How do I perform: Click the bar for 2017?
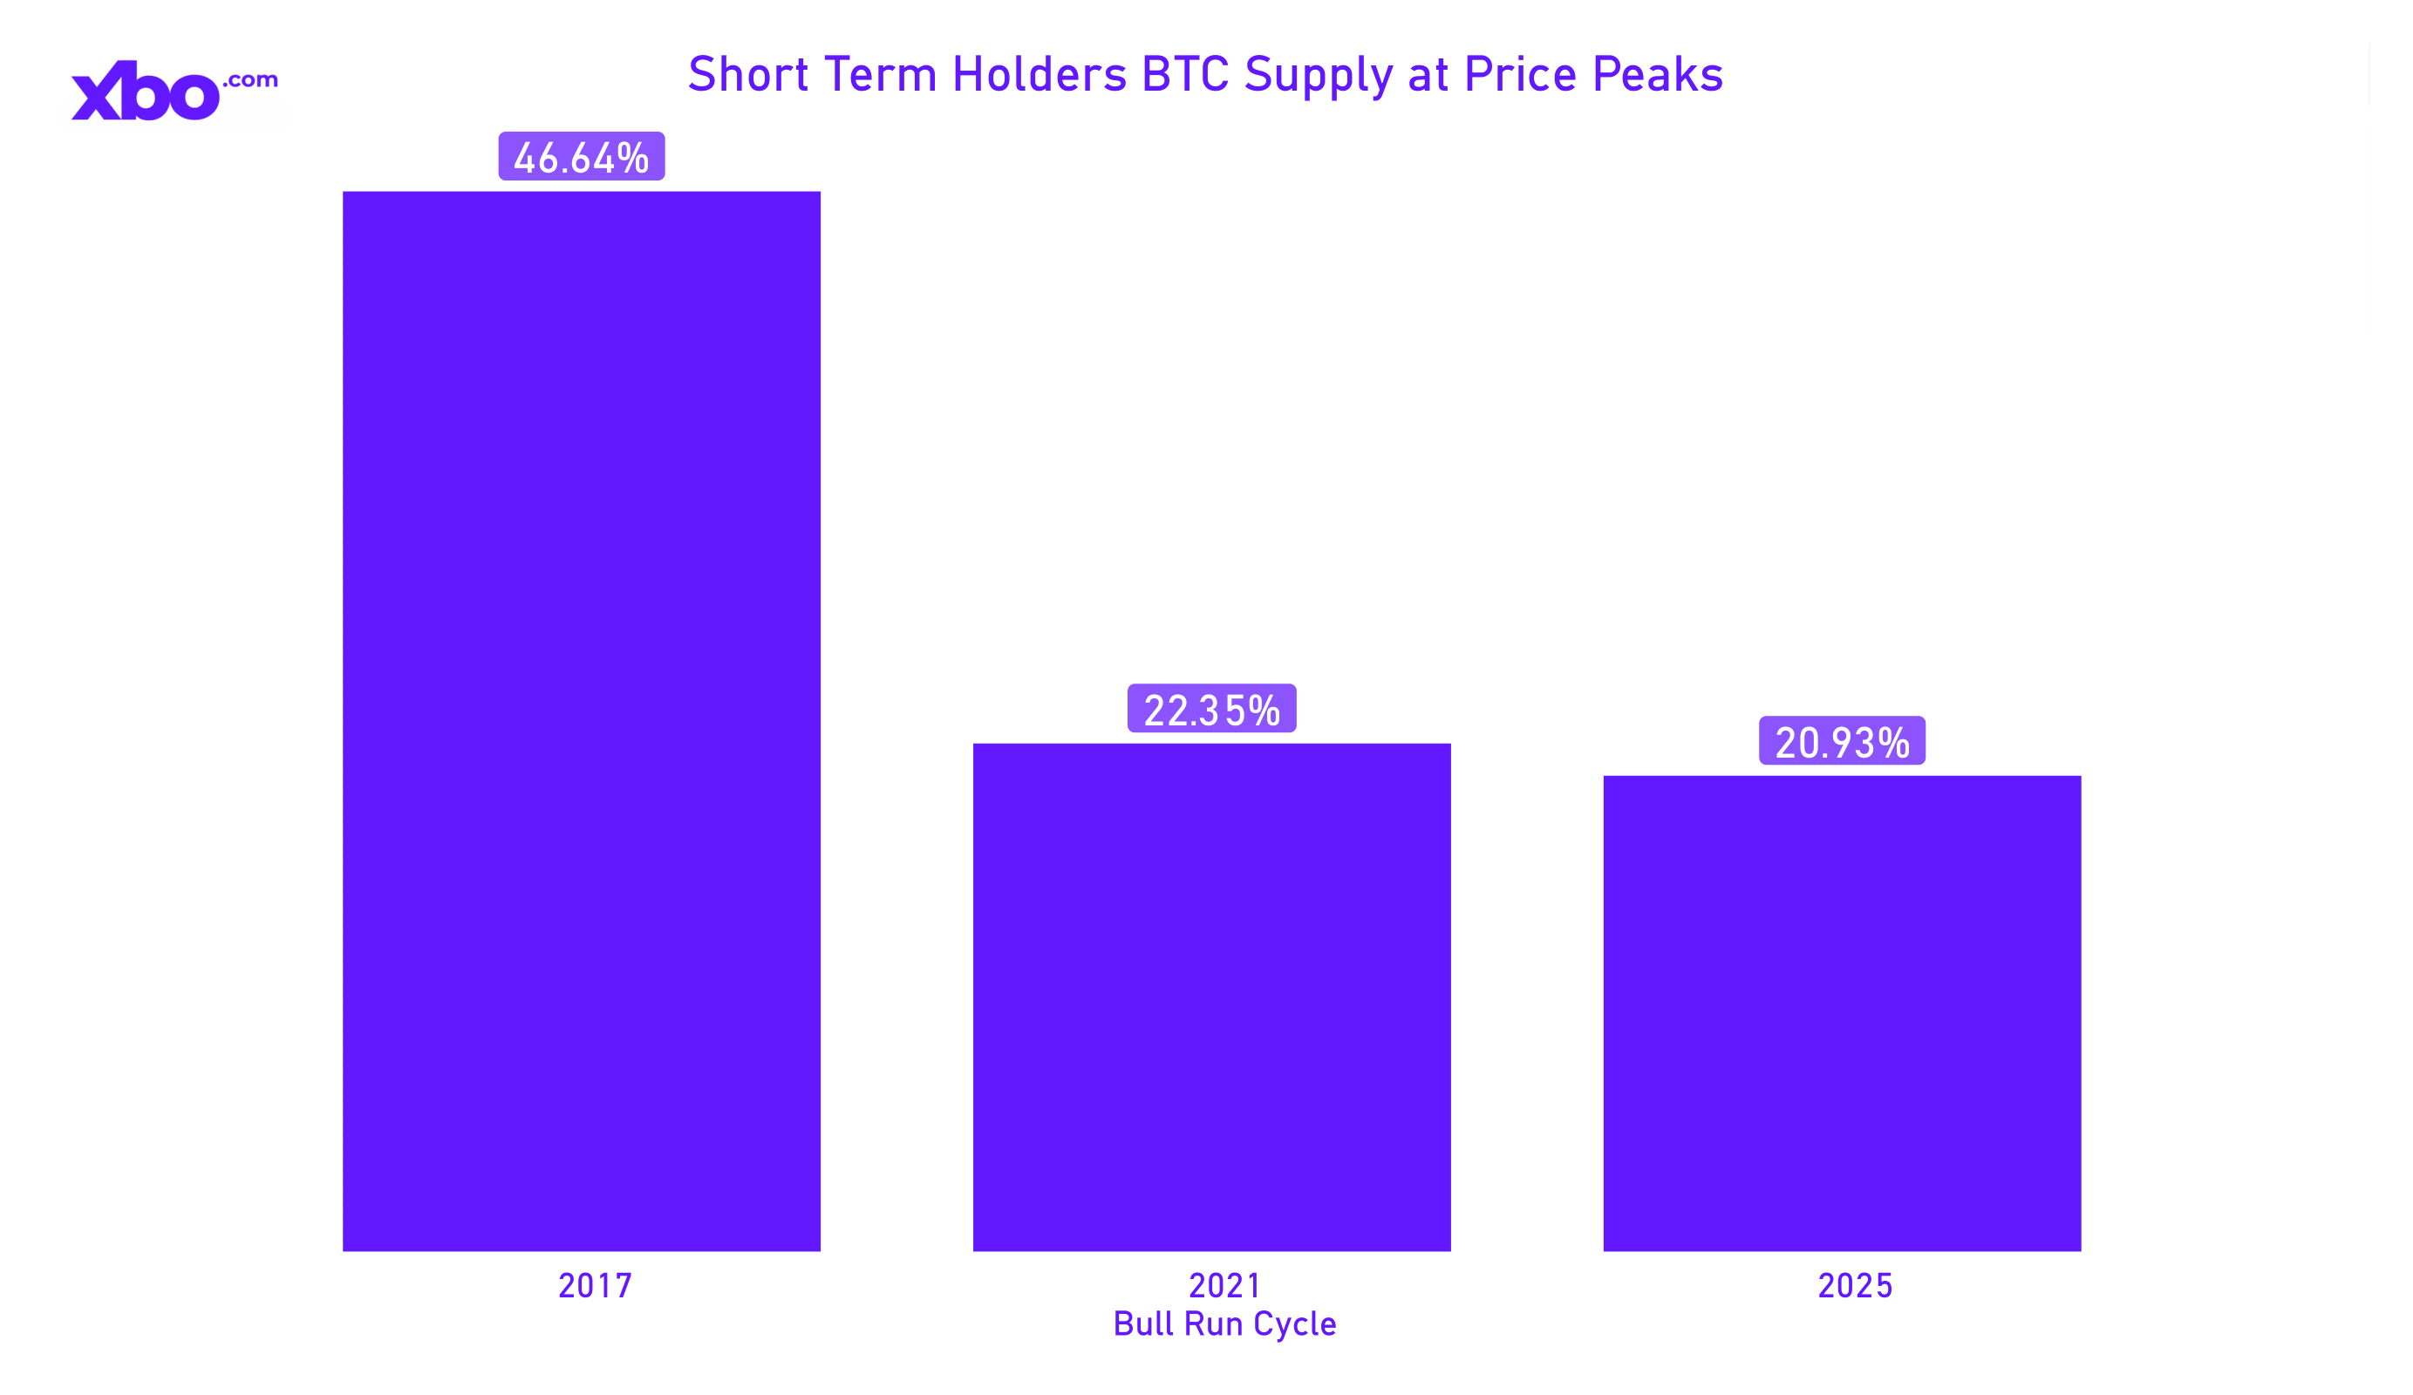click(x=581, y=720)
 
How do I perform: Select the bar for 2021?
click(x=1211, y=997)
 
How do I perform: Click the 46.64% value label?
click(x=581, y=157)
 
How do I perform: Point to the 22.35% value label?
click(x=1211, y=710)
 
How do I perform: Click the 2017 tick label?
click(x=595, y=1286)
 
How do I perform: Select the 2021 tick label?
click(x=1224, y=1286)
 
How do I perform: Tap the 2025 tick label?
click(x=1855, y=1286)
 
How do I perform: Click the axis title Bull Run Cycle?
click(x=1224, y=1325)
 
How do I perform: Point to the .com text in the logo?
click(x=251, y=80)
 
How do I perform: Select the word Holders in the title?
click(x=1039, y=75)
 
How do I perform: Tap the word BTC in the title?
click(x=1184, y=75)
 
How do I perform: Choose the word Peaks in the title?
click(x=1658, y=75)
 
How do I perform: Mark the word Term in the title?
click(x=880, y=75)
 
